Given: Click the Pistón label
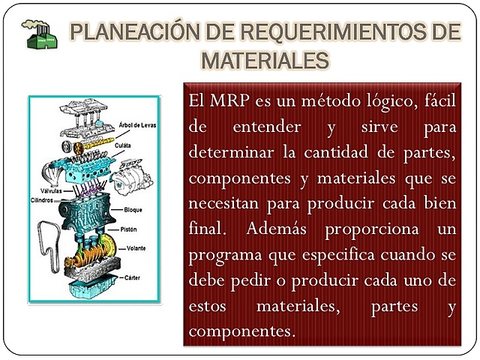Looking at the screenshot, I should (128, 227).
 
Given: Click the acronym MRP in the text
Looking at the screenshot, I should (225, 100).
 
